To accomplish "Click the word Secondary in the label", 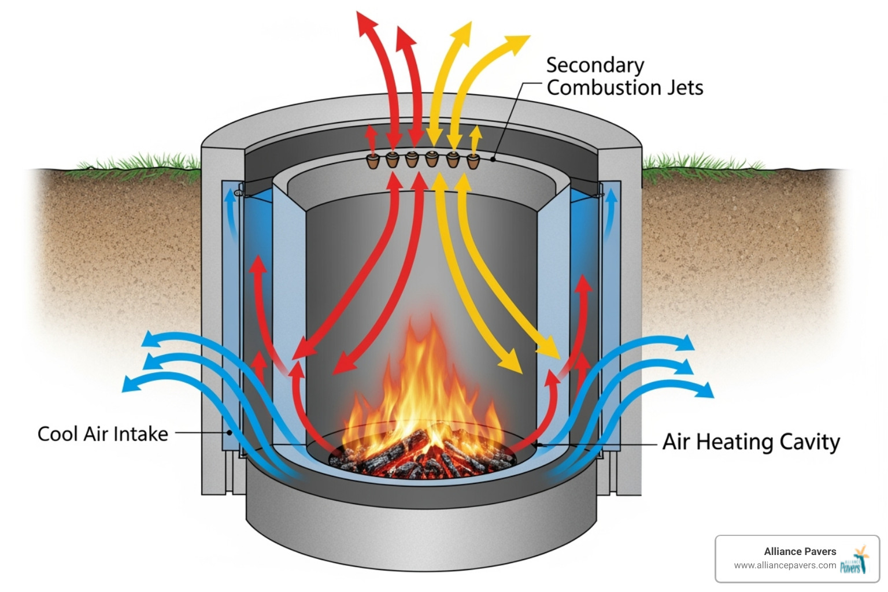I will click(x=595, y=65).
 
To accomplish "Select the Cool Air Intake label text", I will click(x=102, y=434).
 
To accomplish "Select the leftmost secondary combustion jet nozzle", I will click(x=373, y=160).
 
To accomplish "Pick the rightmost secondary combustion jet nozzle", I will click(x=473, y=160).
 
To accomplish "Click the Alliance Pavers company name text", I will click(x=800, y=551).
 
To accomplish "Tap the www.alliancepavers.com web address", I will click(x=785, y=565).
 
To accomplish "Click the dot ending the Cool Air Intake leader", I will click(x=230, y=432).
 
